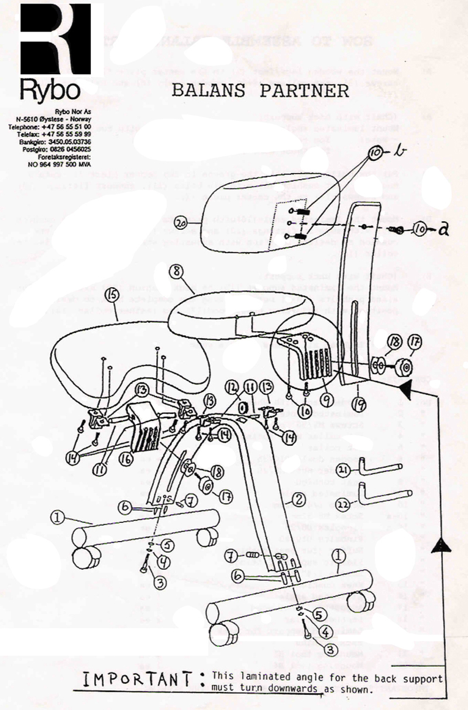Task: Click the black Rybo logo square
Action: [56, 38]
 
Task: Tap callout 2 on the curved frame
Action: [298, 499]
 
